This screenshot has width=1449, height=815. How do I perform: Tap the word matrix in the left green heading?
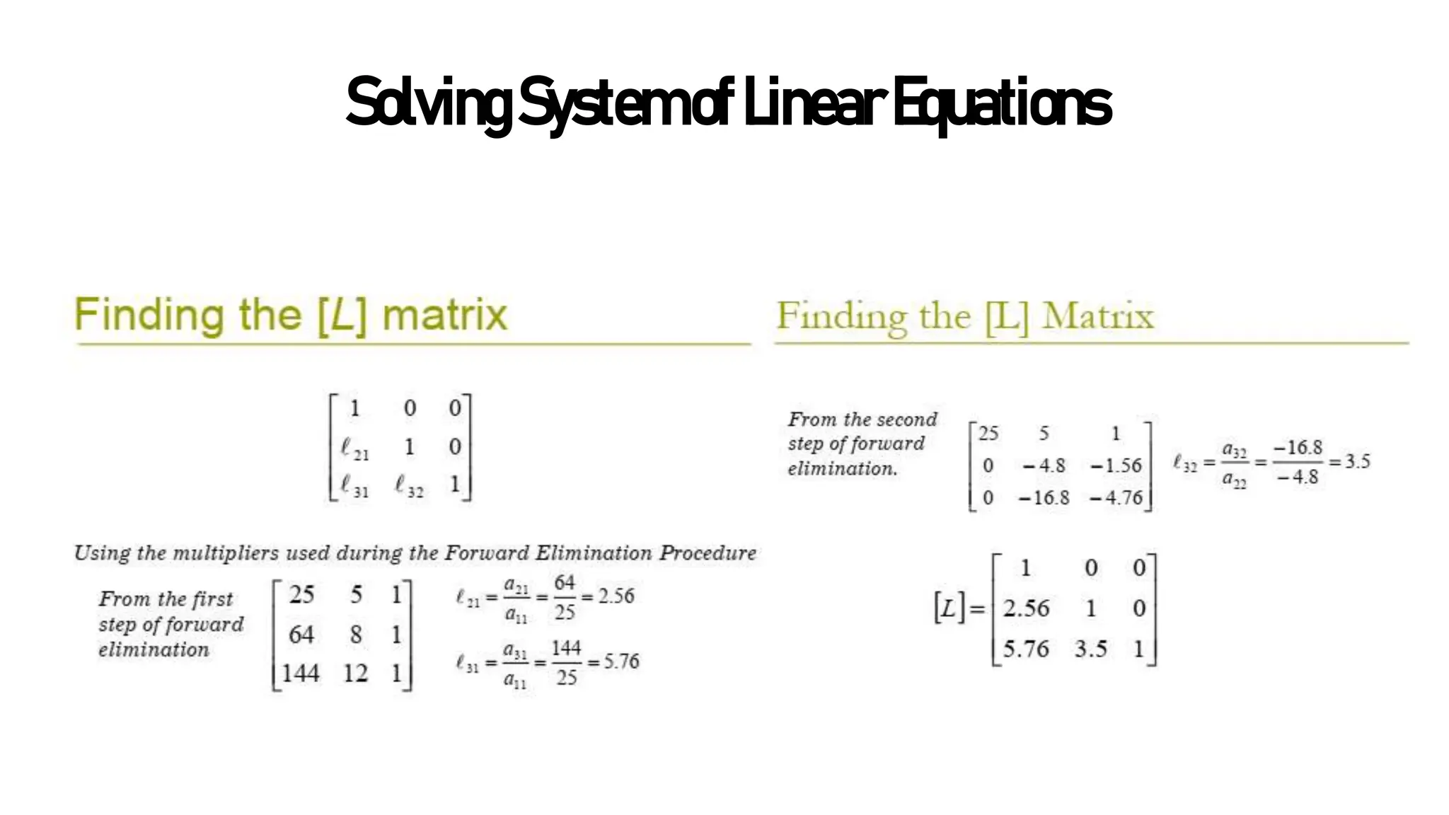click(444, 316)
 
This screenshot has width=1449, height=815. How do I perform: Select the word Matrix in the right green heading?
click(1097, 316)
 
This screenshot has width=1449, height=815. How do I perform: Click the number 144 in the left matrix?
click(300, 672)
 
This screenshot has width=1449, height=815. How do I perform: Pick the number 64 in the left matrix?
click(301, 634)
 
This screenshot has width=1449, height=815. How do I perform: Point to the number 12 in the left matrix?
click(355, 672)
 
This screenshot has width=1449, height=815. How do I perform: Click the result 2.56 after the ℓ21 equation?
click(616, 596)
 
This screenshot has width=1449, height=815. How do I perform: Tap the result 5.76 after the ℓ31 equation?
click(621, 661)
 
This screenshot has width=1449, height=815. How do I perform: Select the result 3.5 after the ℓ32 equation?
click(1357, 461)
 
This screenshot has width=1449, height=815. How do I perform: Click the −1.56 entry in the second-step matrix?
click(1116, 466)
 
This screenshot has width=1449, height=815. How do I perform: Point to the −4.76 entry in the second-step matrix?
click(1116, 498)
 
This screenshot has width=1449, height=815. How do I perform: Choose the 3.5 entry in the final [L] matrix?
click(1090, 649)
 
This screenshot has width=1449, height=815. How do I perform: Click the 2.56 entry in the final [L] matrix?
click(1026, 608)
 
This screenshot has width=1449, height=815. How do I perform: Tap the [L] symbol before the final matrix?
click(949, 608)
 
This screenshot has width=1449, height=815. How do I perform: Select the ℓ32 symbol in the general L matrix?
click(409, 487)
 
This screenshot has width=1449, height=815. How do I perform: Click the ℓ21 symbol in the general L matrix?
click(354, 449)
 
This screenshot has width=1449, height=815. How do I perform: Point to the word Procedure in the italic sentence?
click(708, 553)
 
